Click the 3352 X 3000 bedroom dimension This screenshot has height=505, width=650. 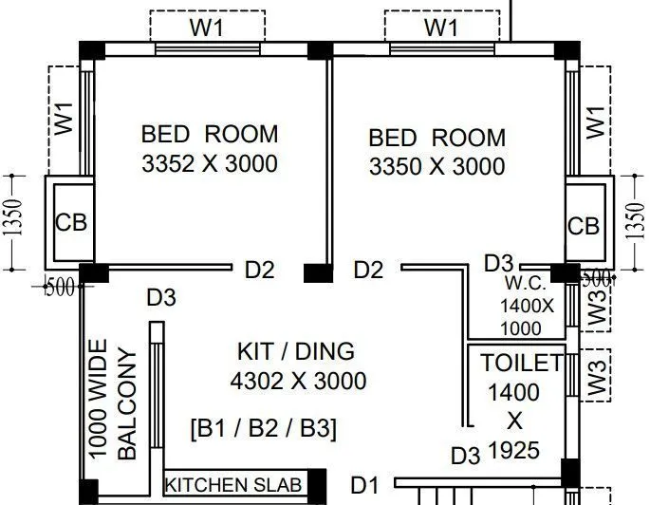tap(210, 163)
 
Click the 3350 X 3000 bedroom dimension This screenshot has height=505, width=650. tap(436, 167)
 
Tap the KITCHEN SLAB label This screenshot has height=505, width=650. tap(234, 485)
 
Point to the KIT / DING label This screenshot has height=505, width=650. tap(295, 351)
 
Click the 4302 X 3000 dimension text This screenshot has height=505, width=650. tap(298, 382)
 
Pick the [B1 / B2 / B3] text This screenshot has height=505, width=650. tap(263, 428)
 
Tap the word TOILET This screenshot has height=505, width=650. tap(522, 363)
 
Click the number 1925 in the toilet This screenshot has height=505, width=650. tap(514, 450)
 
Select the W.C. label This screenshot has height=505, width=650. tap(523, 283)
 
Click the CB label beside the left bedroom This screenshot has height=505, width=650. tap(71, 223)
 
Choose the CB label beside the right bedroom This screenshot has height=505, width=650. tap(584, 227)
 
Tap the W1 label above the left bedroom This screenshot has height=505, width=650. tap(206, 27)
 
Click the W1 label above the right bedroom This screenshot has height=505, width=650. tap(440, 27)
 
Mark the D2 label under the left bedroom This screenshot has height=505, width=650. tap(259, 271)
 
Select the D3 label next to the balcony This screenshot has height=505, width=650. tap(160, 298)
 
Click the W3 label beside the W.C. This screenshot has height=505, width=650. tap(595, 309)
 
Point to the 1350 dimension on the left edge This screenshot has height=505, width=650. tap(13, 222)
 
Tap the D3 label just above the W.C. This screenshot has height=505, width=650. tap(499, 262)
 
